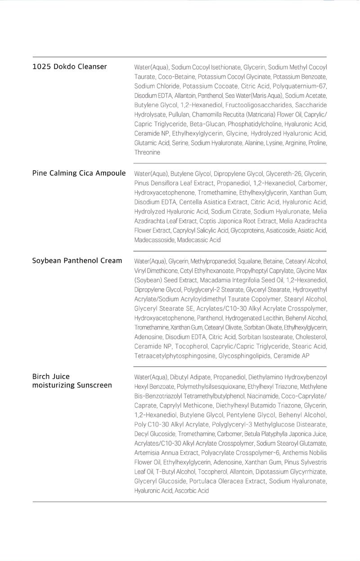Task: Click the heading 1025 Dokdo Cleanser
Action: [x=69, y=67]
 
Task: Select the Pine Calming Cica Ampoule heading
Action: [x=79, y=173]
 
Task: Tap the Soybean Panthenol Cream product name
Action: [x=77, y=260]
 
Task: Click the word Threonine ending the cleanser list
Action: [x=147, y=152]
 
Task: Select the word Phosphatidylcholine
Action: [x=255, y=124]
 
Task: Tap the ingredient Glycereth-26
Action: [x=283, y=174]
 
